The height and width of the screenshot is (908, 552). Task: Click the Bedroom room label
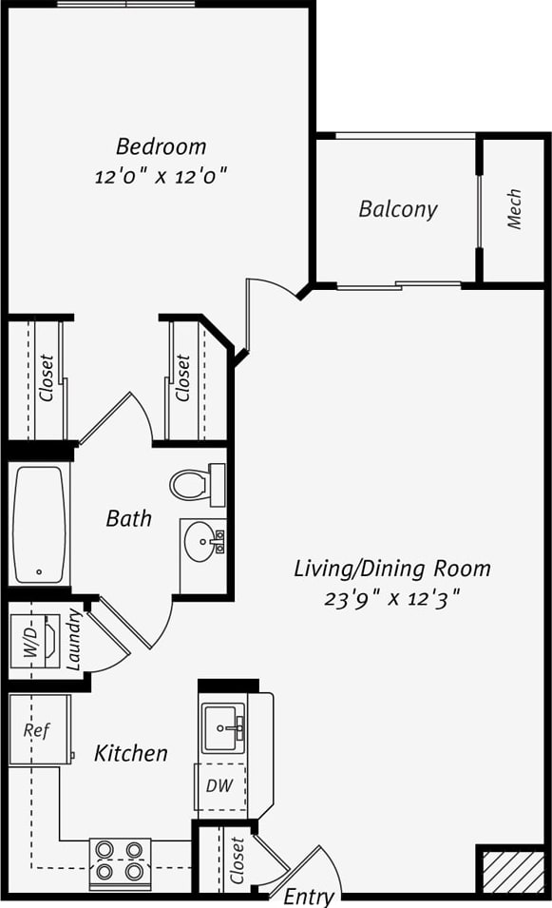[161, 146]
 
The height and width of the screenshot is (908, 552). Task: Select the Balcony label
[398, 209]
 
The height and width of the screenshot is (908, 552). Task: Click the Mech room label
[514, 209]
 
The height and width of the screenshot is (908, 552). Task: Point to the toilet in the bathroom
[196, 485]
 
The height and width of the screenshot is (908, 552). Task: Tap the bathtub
[40, 524]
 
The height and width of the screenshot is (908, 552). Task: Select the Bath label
[128, 518]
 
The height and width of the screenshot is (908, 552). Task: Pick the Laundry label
[74, 640]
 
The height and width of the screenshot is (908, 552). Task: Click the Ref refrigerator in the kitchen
[38, 730]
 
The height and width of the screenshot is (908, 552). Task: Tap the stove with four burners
[120, 860]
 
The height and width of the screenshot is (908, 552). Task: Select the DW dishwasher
[219, 786]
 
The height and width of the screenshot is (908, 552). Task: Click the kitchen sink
[223, 729]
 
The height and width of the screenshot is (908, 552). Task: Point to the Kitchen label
[131, 753]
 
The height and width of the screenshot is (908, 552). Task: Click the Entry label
[309, 897]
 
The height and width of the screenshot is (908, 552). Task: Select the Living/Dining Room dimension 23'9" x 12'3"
[392, 599]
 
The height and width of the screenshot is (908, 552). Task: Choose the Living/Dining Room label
[392, 569]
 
